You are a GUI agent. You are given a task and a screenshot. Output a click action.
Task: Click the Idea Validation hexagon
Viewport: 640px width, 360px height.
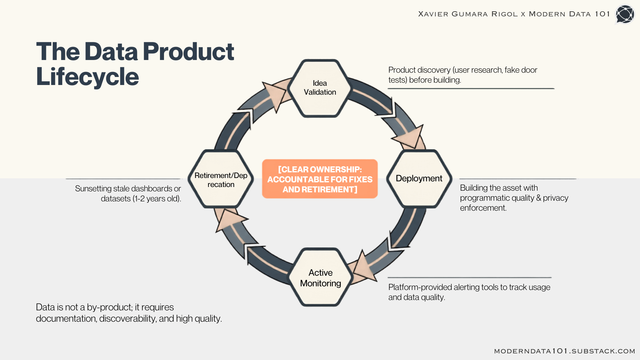pos(320,88)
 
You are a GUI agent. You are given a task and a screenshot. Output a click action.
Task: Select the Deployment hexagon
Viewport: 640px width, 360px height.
pos(419,179)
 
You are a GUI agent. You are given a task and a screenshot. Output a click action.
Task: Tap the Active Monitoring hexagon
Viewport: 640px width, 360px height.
pos(320,277)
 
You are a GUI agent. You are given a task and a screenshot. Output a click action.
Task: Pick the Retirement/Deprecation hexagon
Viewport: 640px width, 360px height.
pos(221,179)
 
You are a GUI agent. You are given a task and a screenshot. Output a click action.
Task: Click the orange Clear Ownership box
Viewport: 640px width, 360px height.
pos(320,179)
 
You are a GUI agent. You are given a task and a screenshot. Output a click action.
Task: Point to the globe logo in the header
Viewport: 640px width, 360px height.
pos(624,14)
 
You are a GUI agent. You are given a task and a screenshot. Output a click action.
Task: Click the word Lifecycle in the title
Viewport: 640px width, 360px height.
pos(87,77)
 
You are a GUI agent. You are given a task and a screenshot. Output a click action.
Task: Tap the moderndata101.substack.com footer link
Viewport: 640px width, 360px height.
pos(565,351)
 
